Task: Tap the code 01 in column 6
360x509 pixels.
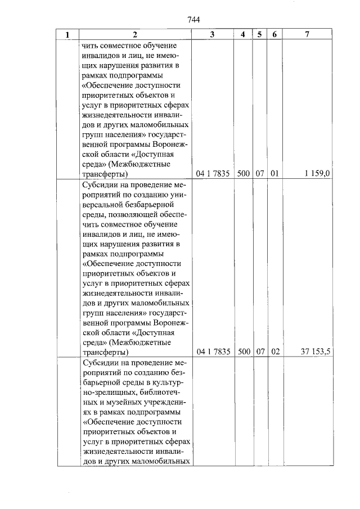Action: click(x=274, y=174)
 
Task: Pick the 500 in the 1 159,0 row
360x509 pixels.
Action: click(x=243, y=174)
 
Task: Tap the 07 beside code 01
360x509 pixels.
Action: click(x=259, y=174)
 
